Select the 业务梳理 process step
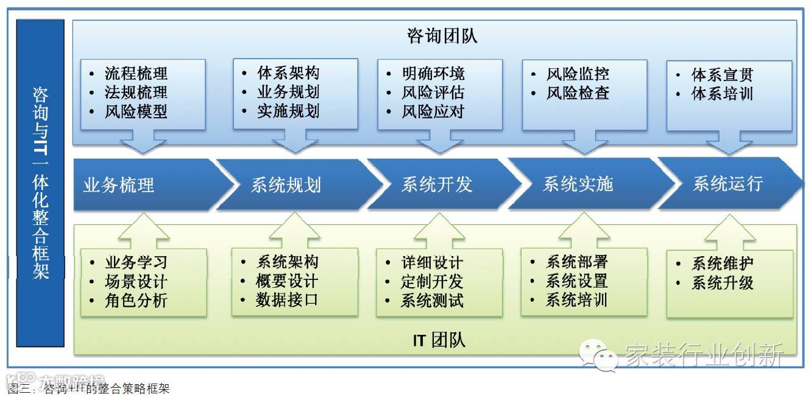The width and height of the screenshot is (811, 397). pyautogui.click(x=119, y=185)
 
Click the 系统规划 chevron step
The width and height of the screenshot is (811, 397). pyautogui.click(x=286, y=185)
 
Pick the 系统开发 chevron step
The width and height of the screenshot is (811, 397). pyautogui.click(x=436, y=185)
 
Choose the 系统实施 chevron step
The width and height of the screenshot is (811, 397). pyautogui.click(x=578, y=184)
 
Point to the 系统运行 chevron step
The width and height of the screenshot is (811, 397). pyautogui.click(x=728, y=184)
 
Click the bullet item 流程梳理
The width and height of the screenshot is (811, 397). pyautogui.click(x=136, y=74)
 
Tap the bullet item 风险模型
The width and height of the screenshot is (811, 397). pyautogui.click(x=136, y=112)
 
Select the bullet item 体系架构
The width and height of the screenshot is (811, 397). pyautogui.click(x=288, y=73)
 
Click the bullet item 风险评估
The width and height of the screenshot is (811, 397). pyautogui.click(x=433, y=93)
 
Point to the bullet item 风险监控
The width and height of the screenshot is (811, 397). pyautogui.click(x=578, y=74)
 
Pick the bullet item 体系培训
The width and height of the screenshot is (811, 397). pyautogui.click(x=722, y=94)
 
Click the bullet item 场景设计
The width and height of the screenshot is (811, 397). pyautogui.click(x=136, y=282)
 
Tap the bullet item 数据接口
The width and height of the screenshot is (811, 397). pyautogui.click(x=287, y=300)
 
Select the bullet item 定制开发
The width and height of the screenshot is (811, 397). pyautogui.click(x=432, y=282)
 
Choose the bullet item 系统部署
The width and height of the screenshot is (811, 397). pyautogui.click(x=576, y=262)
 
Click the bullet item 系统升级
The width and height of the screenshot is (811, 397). pyautogui.click(x=722, y=283)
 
